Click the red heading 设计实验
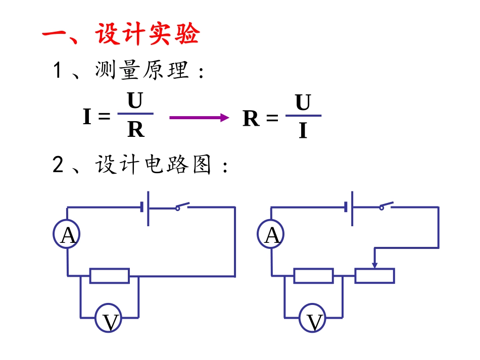click(147, 35)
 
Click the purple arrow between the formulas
click(199, 118)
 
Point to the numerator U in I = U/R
click(135, 101)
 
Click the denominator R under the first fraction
click(135, 130)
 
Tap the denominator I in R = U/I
click(303, 131)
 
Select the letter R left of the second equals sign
click(251, 119)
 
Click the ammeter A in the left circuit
click(67, 234)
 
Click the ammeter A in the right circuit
click(271, 234)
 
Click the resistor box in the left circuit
click(109, 276)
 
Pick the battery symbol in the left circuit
click(146, 208)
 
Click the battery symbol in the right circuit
click(349, 208)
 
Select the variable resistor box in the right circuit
click(374, 276)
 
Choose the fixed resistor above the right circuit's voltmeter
click(313, 276)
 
